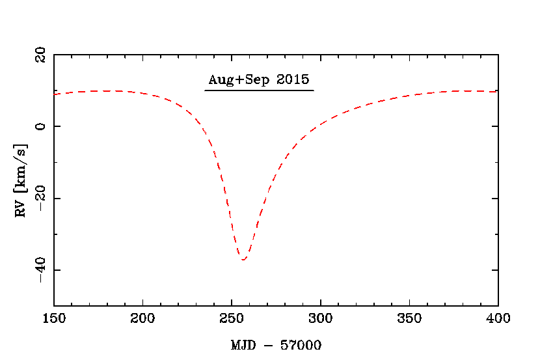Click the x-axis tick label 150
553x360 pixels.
pyautogui.click(x=54, y=318)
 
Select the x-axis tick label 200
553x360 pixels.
pyautogui.click(x=142, y=318)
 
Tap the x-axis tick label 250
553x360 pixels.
pyautogui.click(x=232, y=318)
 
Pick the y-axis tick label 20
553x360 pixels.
pyautogui.click(x=40, y=55)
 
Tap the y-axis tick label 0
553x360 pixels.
pyautogui.click(x=40, y=126)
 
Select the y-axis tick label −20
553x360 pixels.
pyautogui.click(x=40, y=198)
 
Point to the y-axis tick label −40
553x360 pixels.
pyautogui.click(x=40, y=270)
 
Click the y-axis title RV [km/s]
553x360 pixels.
pyautogui.click(x=21, y=180)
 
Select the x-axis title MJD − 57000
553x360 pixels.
pyautogui.click(x=276, y=344)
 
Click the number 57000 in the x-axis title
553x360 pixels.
pyautogui.click(x=301, y=344)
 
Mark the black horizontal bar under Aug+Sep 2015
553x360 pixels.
pyautogui.click(x=259, y=90)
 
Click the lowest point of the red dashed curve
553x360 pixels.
pyautogui.click(x=243, y=260)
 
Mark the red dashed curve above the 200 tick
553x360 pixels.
pyautogui.click(x=142, y=93)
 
